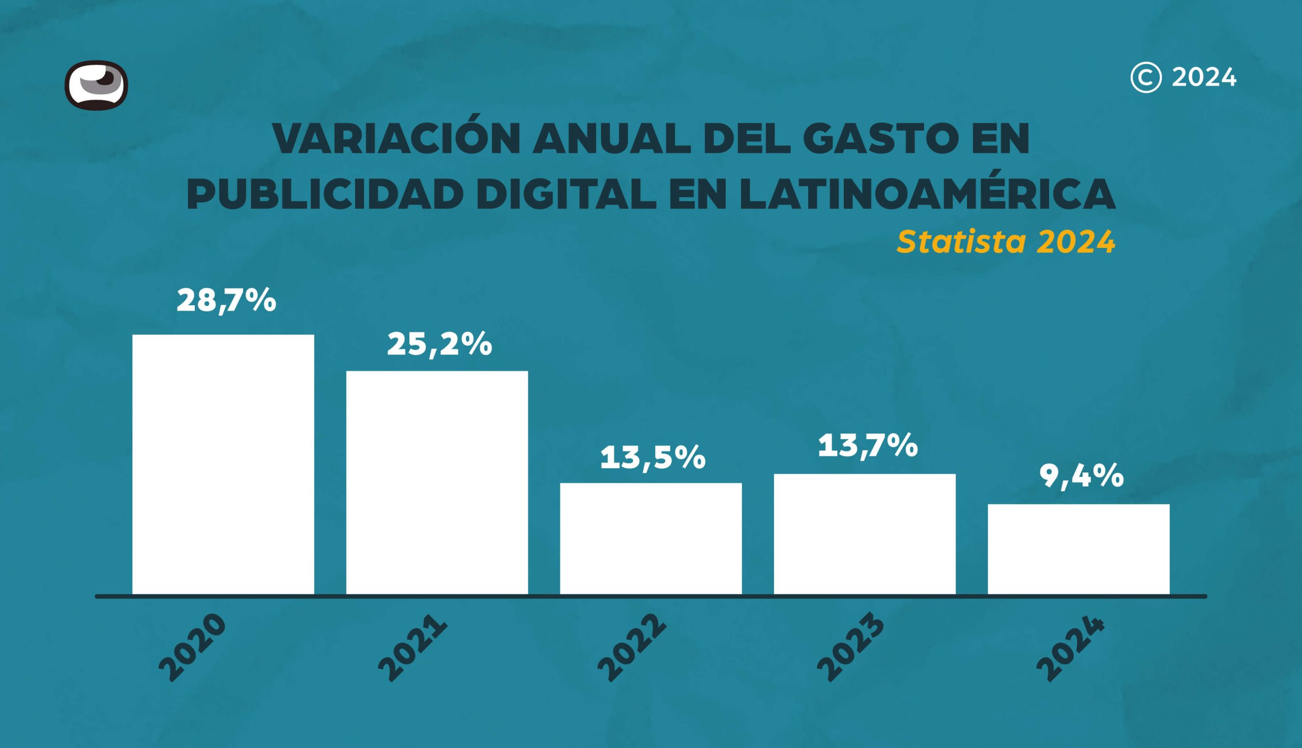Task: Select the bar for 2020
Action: coord(223,465)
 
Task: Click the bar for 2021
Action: coord(437,482)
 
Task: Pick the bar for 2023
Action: coord(865,534)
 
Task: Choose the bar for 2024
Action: coord(1078,549)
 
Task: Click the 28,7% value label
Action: coord(226,301)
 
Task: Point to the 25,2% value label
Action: coord(439,344)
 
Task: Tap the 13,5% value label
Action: coord(653,457)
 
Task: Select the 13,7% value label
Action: coord(868,445)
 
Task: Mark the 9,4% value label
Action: coord(1082,476)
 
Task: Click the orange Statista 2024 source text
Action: coord(1006,242)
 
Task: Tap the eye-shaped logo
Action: coord(96,85)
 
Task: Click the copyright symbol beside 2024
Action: coord(1145,77)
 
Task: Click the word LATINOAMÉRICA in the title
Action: coord(927,194)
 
